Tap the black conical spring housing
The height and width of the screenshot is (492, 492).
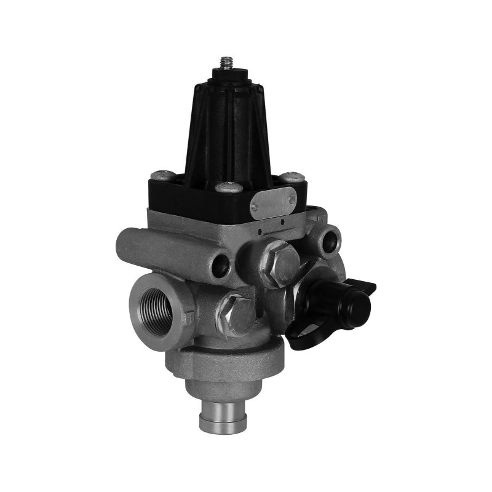pyautogui.click(x=225, y=129)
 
